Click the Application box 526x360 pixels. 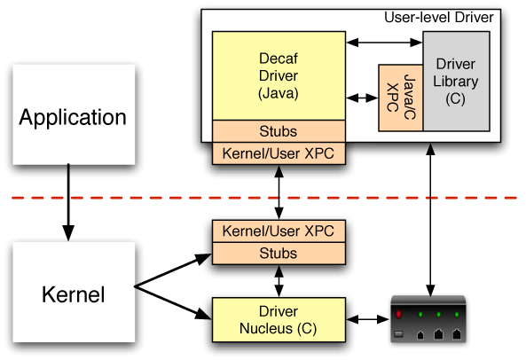pos(74,114)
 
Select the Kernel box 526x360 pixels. pos(74,293)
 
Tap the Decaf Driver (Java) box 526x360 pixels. pos(279,75)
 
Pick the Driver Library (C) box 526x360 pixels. pos(456,81)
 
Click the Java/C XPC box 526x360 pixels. pos(401,98)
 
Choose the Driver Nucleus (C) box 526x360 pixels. pos(279,320)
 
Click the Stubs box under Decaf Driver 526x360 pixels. pos(279,131)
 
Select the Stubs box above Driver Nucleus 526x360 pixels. pos(279,254)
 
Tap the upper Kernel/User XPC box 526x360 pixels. pos(279,153)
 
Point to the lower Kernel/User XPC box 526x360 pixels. pos(279,231)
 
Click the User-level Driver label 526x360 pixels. pos(439,18)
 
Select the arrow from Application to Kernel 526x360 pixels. pos(68,202)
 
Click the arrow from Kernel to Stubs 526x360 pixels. pos(173,270)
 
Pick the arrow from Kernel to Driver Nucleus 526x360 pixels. pos(173,302)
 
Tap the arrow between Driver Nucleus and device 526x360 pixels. pos(367,319)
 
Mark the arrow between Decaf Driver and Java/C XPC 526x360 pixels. pos(362,98)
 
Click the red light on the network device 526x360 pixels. pos(398,315)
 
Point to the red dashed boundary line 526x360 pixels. pos(264,198)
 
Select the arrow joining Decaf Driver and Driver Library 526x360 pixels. pos(384,43)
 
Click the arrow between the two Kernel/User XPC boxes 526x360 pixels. pos(279,192)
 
